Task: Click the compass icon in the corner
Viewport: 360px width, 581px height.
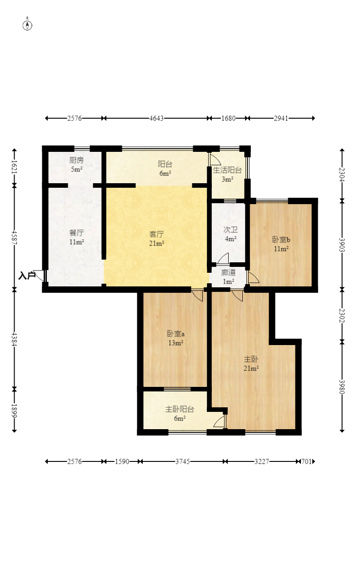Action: (27, 25)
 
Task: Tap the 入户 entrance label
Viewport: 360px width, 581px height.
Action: (27, 275)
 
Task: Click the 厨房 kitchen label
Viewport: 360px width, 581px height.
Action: (76, 160)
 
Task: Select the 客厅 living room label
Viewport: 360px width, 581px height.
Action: (157, 234)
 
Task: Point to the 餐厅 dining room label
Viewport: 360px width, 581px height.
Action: (76, 233)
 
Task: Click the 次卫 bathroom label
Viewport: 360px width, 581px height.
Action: (230, 230)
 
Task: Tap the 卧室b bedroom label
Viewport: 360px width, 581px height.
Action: (281, 240)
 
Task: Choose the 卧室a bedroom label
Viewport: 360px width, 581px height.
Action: (175, 334)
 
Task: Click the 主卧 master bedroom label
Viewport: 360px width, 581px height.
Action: (251, 359)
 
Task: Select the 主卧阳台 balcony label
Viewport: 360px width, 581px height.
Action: (180, 409)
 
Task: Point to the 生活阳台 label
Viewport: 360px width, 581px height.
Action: (227, 170)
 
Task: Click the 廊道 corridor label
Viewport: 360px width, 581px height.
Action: (228, 272)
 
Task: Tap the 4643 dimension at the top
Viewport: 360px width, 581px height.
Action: (156, 118)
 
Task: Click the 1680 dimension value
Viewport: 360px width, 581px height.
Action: (228, 118)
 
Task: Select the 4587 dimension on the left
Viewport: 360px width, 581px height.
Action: (14, 238)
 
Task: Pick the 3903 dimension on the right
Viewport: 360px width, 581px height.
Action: (342, 245)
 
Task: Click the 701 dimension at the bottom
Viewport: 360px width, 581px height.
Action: (306, 461)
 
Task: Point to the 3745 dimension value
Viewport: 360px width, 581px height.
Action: (183, 461)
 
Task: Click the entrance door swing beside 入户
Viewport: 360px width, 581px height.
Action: (40, 275)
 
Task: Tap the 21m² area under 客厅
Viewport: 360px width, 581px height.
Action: (157, 243)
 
